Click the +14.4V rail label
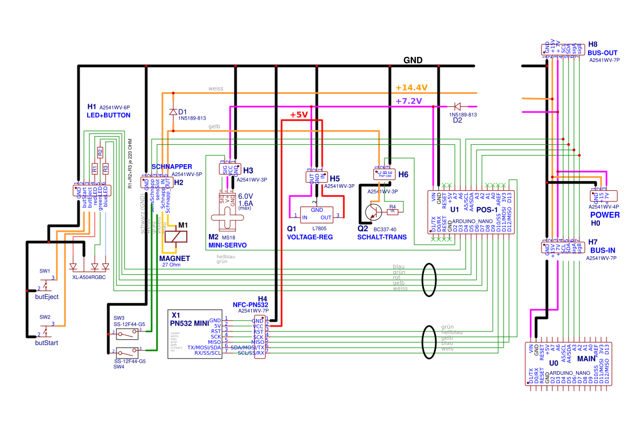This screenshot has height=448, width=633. [x=412, y=87]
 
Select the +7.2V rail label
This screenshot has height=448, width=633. [x=409, y=101]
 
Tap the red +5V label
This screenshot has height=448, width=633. [x=298, y=115]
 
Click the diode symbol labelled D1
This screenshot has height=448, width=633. [x=173, y=112]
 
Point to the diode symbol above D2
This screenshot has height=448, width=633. [x=457, y=107]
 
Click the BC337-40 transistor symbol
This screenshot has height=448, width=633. [x=373, y=212]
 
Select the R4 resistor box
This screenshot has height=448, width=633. [x=393, y=210]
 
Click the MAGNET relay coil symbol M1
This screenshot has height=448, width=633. [x=177, y=237]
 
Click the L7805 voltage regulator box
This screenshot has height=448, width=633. [x=317, y=213]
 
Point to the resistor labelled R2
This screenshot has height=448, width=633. [x=100, y=152]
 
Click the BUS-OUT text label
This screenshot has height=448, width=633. [x=603, y=53]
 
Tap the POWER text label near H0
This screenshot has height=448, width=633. [x=605, y=215]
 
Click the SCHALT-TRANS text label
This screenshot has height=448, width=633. [x=382, y=237]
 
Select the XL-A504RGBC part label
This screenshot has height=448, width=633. [x=89, y=277]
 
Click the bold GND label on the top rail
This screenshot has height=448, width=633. [x=413, y=60]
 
